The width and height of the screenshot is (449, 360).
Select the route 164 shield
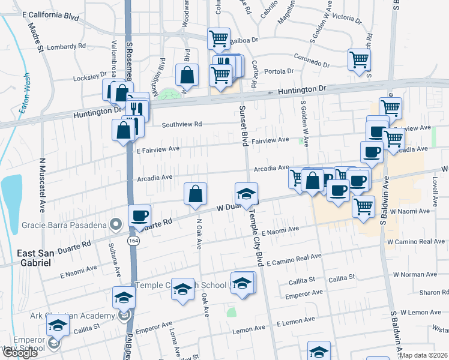click(x=130, y=240)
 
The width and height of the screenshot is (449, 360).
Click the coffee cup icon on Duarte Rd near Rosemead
click(x=139, y=215)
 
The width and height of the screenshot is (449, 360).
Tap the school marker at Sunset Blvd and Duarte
click(x=246, y=194)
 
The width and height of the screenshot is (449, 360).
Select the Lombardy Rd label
click(x=66, y=46)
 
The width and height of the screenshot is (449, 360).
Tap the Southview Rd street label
click(x=182, y=125)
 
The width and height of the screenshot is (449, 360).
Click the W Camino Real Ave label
click(x=415, y=241)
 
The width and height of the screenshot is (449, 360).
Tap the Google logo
click(x=20, y=353)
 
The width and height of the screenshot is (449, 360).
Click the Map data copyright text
click(x=424, y=355)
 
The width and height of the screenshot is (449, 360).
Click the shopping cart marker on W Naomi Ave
click(x=363, y=206)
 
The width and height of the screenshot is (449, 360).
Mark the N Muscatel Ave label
click(x=43, y=186)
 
